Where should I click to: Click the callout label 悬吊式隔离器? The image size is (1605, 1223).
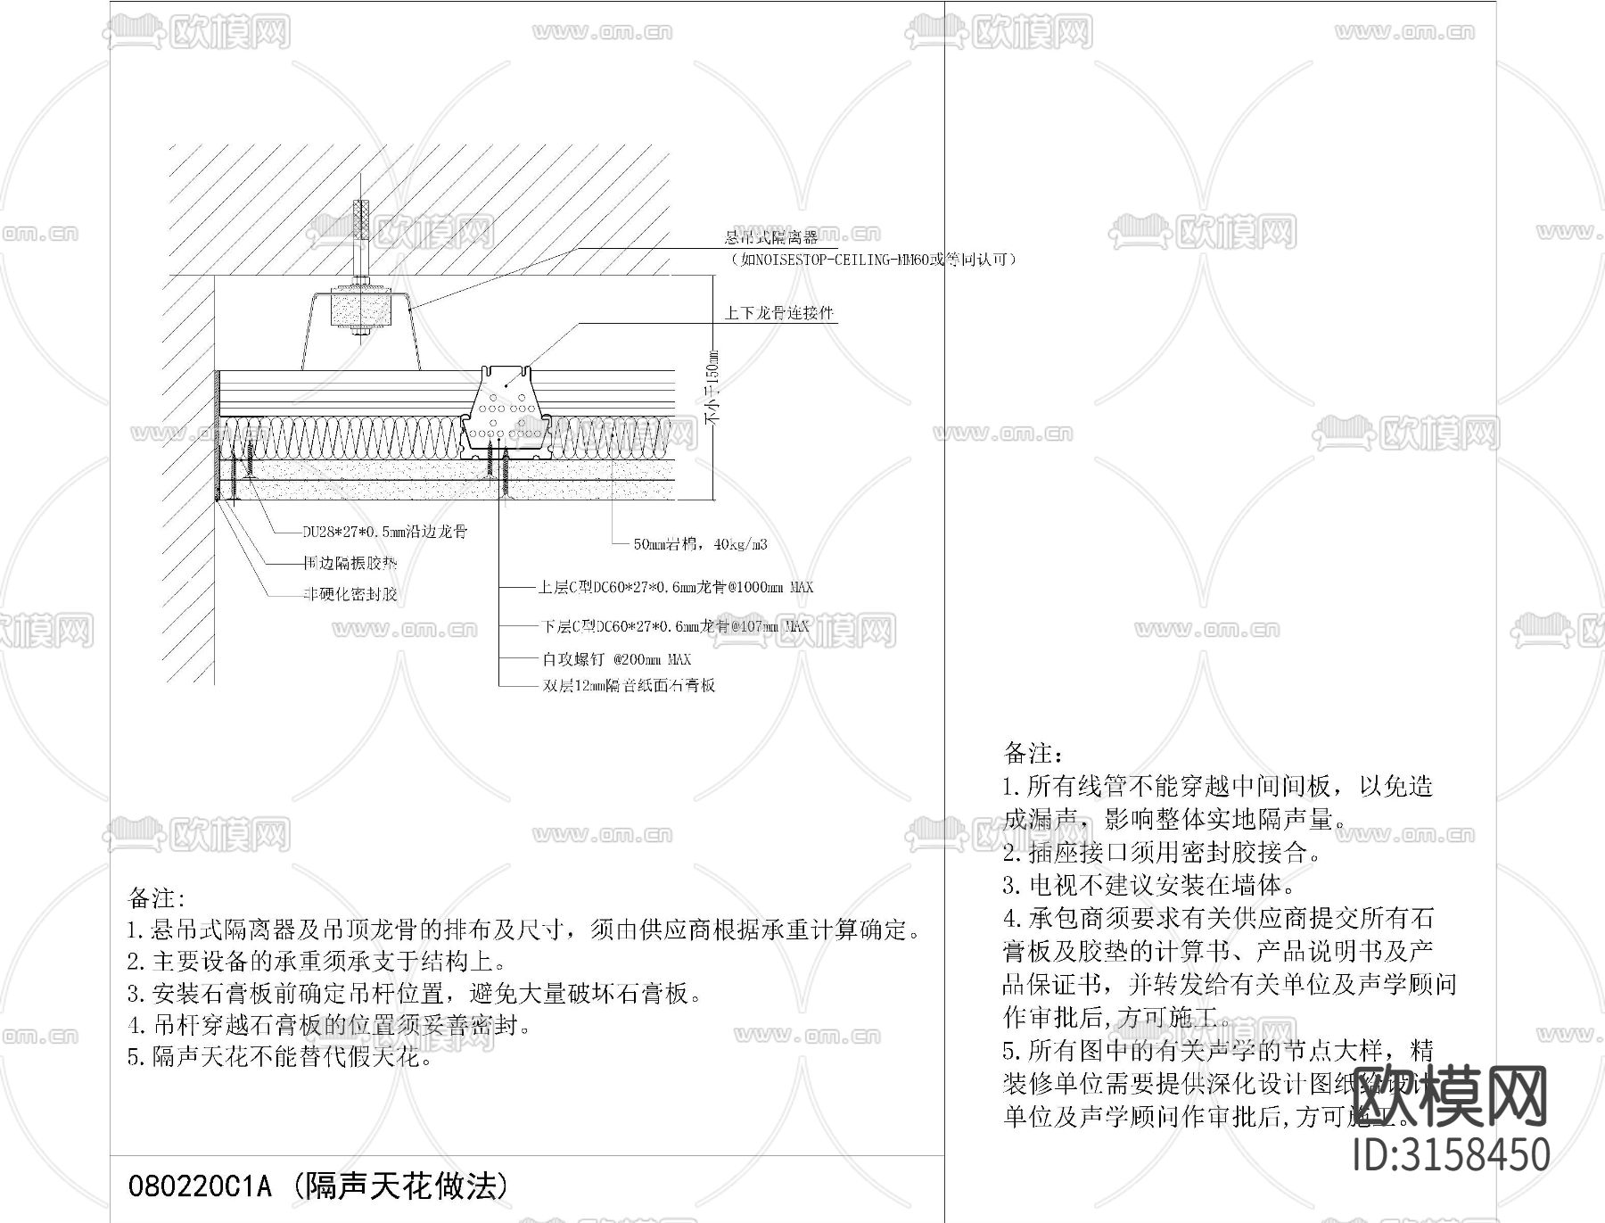(x=770, y=237)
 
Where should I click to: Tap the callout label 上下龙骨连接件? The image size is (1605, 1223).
(x=778, y=313)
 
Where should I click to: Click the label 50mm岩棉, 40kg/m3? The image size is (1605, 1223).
(x=700, y=543)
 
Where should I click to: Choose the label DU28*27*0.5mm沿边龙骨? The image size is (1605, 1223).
(x=385, y=532)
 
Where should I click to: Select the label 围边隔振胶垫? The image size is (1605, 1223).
(x=350, y=563)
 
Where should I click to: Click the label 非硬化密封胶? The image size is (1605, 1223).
(x=350, y=594)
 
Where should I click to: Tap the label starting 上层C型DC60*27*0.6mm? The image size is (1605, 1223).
(x=675, y=587)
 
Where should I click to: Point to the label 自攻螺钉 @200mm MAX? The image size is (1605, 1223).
(x=616, y=659)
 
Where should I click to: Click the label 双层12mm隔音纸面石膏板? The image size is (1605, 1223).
(x=629, y=685)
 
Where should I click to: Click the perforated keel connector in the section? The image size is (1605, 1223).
(x=505, y=406)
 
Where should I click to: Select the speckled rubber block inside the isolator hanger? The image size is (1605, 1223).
(x=362, y=310)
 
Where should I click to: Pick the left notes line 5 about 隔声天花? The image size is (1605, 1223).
(x=281, y=1058)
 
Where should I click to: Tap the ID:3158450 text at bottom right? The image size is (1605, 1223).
(x=1452, y=1153)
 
